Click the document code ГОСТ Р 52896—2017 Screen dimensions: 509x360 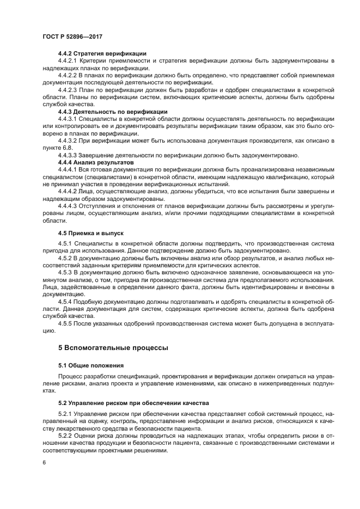coord(72,36)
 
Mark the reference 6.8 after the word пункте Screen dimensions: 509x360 coord(67,148)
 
